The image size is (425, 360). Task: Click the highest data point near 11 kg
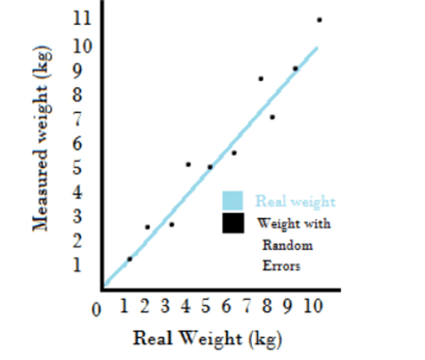319,20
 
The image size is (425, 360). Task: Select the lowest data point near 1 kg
129,259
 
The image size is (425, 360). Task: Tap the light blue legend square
232,201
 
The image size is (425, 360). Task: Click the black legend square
233,223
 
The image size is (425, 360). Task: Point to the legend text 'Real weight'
296,202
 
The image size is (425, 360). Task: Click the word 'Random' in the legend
288,245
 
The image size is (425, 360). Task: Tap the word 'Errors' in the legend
281,266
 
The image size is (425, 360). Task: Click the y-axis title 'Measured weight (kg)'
42,139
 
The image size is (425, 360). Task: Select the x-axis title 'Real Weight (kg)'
207,339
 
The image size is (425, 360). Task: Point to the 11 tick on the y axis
82,19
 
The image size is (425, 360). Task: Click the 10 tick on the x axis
313,306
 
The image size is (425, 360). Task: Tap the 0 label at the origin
96,310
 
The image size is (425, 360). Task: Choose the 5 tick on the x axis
206,306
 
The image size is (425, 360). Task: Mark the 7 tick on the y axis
77,119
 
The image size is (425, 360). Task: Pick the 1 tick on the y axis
77,264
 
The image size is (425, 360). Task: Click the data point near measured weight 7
272,117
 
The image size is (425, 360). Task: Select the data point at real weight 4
188,164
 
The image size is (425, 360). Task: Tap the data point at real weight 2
148,227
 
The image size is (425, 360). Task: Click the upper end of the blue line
317,48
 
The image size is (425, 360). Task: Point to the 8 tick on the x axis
267,306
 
